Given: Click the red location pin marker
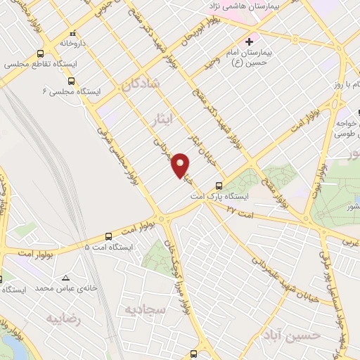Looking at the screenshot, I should point(181,165).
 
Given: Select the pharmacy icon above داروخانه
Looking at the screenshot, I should point(73,32).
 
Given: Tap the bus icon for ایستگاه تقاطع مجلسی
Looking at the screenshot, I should point(40,53).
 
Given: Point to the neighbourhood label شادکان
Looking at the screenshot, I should point(140,86).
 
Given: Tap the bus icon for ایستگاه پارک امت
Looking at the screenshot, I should point(219,186).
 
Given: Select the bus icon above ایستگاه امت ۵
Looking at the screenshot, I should point(108,237).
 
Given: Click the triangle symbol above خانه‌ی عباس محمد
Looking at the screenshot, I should point(65,278).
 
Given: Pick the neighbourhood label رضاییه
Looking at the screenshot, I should point(63,319).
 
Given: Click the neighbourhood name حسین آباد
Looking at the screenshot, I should point(294,335).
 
